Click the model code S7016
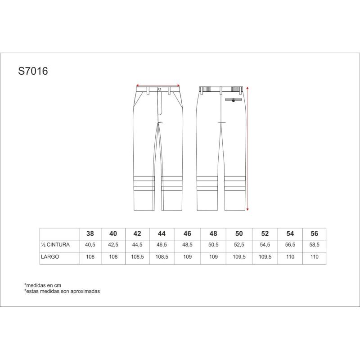33,71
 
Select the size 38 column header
90,234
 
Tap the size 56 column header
314,234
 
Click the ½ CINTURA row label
55,245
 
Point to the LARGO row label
50,256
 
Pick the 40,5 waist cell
90,245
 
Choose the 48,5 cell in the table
187,245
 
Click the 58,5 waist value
314,245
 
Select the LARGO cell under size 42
137,256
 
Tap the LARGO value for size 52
265,256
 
